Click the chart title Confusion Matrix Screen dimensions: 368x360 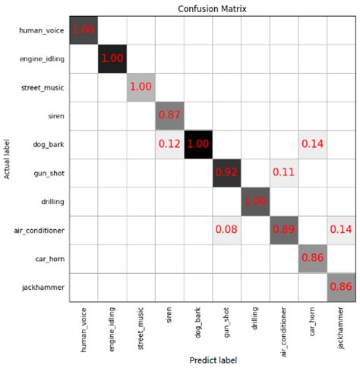click(x=213, y=8)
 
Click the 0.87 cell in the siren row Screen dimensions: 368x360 click(x=170, y=115)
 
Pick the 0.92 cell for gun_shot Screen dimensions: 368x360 click(x=227, y=172)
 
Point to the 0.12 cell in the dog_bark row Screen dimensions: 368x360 click(x=170, y=144)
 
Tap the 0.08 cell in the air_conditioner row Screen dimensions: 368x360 click(x=227, y=230)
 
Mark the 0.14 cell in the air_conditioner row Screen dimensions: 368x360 click(x=341, y=230)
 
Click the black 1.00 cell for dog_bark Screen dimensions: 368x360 click(x=199, y=144)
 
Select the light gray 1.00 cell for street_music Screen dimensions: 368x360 click(x=141, y=87)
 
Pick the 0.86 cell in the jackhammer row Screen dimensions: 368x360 click(x=341, y=287)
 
